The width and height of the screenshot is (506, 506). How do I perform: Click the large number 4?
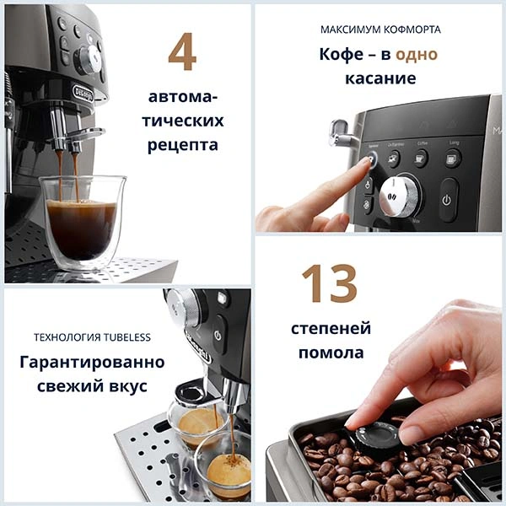[182, 52]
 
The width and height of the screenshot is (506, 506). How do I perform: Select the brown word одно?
[415, 54]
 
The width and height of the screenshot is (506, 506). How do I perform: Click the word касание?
[379, 78]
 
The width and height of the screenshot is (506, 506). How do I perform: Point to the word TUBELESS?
[121, 337]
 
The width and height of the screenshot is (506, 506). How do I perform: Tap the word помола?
[331, 353]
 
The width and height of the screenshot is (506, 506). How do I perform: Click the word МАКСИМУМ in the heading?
[348, 30]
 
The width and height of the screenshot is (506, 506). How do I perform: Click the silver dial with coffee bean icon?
[396, 196]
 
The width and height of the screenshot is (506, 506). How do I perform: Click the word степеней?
[331, 328]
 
